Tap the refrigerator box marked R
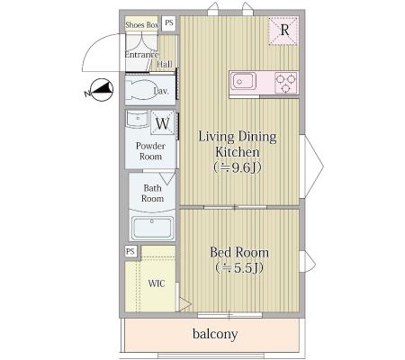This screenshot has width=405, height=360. click(x=283, y=31)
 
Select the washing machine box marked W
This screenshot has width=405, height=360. click(x=163, y=122)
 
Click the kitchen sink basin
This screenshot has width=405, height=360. click(x=243, y=81)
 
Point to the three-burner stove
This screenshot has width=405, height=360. click(x=286, y=83)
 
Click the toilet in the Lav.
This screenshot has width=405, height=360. click(x=141, y=89)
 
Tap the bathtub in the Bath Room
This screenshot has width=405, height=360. click(x=152, y=228)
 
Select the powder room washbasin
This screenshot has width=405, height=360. click(x=138, y=119)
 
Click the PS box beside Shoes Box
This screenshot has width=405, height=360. click(x=169, y=23)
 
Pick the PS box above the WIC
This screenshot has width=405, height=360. click(x=130, y=251)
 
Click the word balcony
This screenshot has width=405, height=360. click(x=215, y=334)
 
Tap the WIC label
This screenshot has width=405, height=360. click(x=157, y=283)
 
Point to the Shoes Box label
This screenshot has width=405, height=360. click(x=142, y=25)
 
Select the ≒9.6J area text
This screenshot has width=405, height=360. click(x=238, y=167)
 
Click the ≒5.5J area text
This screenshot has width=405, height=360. click(x=239, y=268)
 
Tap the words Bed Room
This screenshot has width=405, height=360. click(x=239, y=252)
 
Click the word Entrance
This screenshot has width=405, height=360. click(x=141, y=55)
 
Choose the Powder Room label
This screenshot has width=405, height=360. click(x=150, y=151)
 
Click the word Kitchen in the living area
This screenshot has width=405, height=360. click(x=238, y=152)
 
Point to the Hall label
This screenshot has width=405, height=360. click(x=165, y=64)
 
